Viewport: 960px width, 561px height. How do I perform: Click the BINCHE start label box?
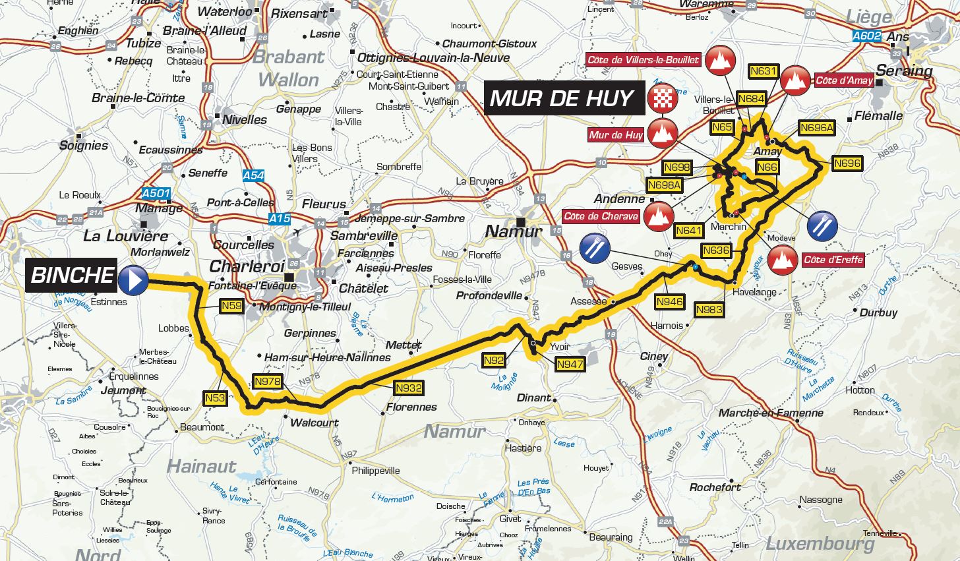coord(73,276)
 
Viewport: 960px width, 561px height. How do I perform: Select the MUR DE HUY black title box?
coord(562,99)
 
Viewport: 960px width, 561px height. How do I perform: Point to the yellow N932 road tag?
coord(408,388)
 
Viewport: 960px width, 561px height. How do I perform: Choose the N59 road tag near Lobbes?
coord(231,306)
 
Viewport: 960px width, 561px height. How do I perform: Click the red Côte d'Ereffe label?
coord(833,260)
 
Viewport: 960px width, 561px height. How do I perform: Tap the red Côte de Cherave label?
coord(601,216)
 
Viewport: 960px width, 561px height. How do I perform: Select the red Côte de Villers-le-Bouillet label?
coord(643,60)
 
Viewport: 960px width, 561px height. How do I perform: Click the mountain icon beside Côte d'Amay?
coord(795,81)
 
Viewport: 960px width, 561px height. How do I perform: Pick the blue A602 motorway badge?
coord(866,37)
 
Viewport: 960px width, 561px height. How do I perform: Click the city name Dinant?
coord(533,398)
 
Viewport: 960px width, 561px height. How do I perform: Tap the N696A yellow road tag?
coord(816,128)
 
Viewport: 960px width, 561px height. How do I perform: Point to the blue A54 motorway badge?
coord(253,176)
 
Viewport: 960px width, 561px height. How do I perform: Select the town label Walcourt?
coord(315,423)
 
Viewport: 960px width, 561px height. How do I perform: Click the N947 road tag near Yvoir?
coord(570,364)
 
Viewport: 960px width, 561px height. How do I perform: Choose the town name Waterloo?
coord(224,11)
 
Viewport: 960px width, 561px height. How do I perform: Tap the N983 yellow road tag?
coord(709,309)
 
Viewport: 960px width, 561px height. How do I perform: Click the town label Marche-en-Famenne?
coord(771,413)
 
